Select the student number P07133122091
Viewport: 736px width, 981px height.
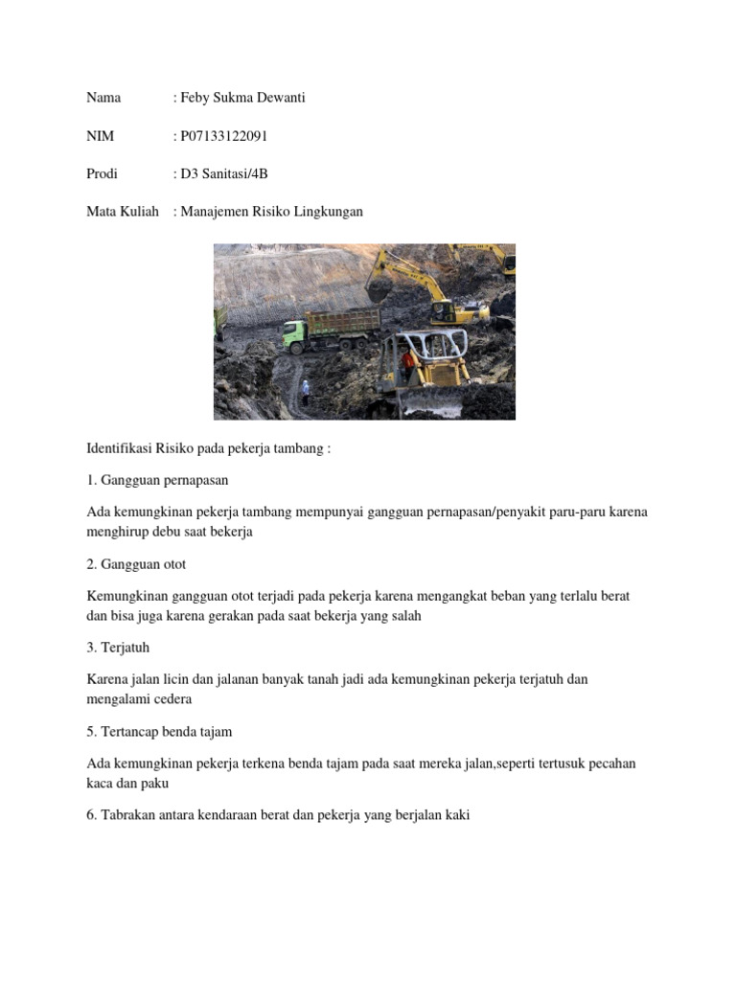coord(223,136)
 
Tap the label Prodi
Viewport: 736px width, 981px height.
coord(103,173)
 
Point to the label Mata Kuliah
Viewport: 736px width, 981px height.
coord(123,212)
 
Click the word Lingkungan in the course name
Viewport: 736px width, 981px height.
coord(328,212)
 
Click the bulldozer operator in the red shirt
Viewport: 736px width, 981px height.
coord(408,360)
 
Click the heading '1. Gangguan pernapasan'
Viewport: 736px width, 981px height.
coord(157,479)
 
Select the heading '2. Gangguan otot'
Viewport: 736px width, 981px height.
coord(136,563)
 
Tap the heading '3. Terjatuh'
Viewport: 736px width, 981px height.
coord(118,648)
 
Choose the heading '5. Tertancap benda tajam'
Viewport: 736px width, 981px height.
coord(159,732)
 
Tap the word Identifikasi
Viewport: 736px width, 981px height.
coord(120,447)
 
